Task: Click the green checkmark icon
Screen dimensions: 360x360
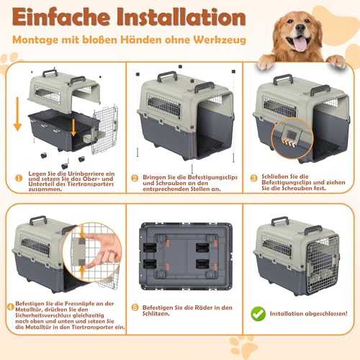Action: pos(256,313)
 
